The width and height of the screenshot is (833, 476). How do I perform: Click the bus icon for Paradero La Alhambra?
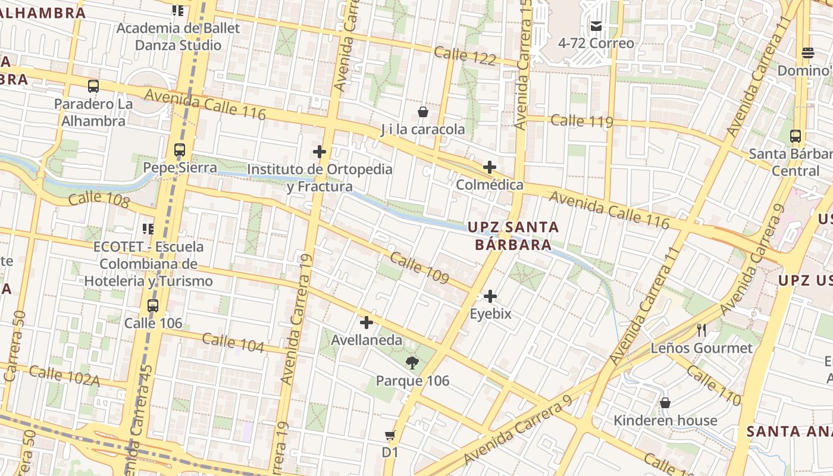click(93, 86)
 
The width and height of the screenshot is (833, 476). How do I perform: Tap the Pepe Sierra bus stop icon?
click(180, 150)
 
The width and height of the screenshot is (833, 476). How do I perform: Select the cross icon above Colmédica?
click(489, 167)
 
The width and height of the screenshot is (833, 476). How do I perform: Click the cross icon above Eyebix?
click(490, 296)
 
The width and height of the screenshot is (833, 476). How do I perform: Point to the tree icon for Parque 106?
click(412, 362)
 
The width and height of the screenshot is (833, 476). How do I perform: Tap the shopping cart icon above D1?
click(390, 435)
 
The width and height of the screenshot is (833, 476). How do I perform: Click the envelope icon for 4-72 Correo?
click(596, 26)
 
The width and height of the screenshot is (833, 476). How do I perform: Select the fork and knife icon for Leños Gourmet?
click(702, 330)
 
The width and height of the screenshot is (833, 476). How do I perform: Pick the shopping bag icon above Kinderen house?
click(665, 403)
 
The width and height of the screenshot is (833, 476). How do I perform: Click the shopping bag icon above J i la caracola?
click(423, 111)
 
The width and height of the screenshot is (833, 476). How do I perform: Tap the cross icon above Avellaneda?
click(367, 322)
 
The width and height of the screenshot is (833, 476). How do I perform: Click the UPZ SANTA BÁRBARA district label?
click(513, 236)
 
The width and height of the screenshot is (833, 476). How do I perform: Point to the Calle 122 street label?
click(465, 55)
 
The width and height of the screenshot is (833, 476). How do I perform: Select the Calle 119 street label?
click(581, 121)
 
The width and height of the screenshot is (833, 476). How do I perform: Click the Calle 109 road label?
click(419, 268)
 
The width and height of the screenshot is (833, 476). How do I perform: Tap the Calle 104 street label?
click(233, 343)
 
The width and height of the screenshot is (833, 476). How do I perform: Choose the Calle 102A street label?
click(64, 375)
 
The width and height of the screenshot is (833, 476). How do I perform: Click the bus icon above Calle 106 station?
click(153, 306)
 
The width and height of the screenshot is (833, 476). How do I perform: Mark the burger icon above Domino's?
click(807, 52)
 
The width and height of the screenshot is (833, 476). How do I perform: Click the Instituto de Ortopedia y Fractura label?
click(320, 178)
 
